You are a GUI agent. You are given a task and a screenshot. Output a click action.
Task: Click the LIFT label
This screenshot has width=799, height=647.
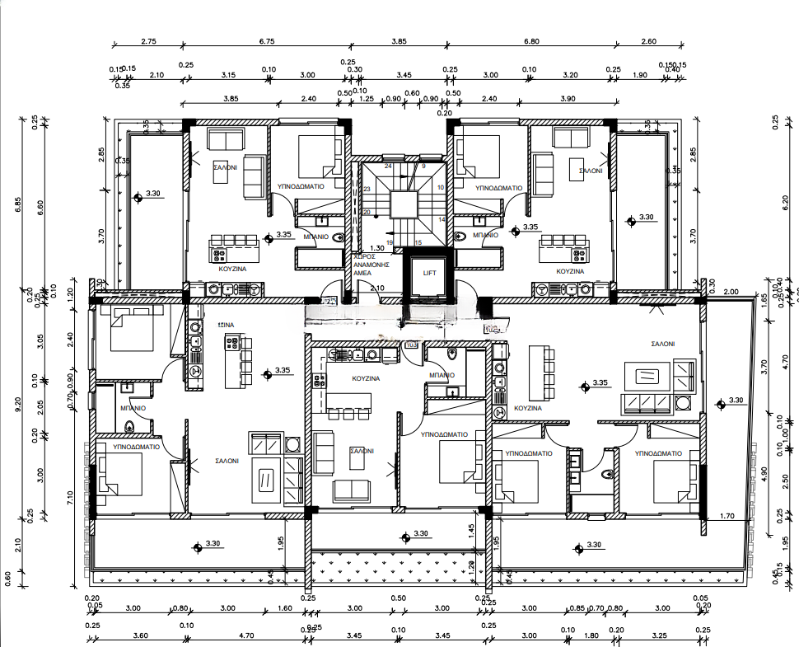[x=428, y=272]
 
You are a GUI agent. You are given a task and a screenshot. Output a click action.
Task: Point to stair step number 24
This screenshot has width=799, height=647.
[x=387, y=166]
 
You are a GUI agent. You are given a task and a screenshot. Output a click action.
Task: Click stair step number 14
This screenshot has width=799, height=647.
[x=442, y=219]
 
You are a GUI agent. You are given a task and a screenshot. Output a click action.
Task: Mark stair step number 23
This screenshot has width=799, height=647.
[x=367, y=190]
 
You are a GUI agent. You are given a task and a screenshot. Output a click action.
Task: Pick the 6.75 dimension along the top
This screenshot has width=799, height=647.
[x=266, y=41]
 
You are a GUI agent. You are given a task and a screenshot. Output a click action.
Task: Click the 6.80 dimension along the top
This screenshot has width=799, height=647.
[x=531, y=41]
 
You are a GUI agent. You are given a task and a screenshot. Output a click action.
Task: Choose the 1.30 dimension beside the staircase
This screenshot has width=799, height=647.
[x=377, y=248]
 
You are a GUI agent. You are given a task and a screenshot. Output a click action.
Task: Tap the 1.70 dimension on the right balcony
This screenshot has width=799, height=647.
[x=727, y=517]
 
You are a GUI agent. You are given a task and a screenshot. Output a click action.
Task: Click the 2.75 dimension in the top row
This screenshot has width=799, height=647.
[x=149, y=41]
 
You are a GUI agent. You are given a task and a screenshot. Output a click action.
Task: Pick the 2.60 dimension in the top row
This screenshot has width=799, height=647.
[x=648, y=41]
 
